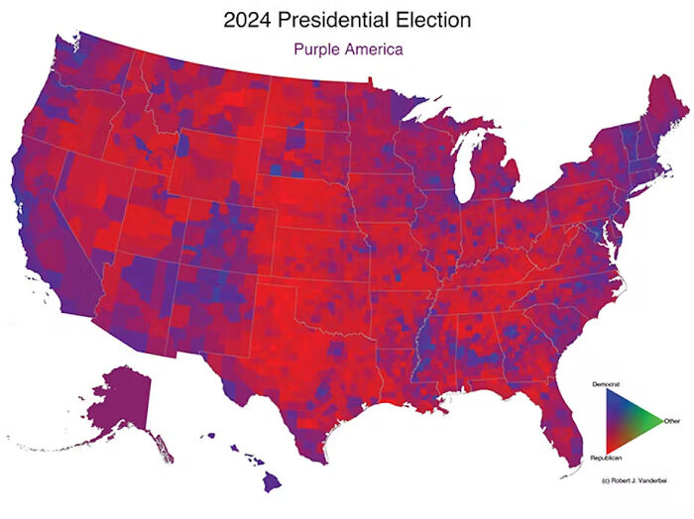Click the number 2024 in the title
tap(250, 19)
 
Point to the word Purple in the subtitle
tap(316, 47)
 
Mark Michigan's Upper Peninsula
tap(441, 139)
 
